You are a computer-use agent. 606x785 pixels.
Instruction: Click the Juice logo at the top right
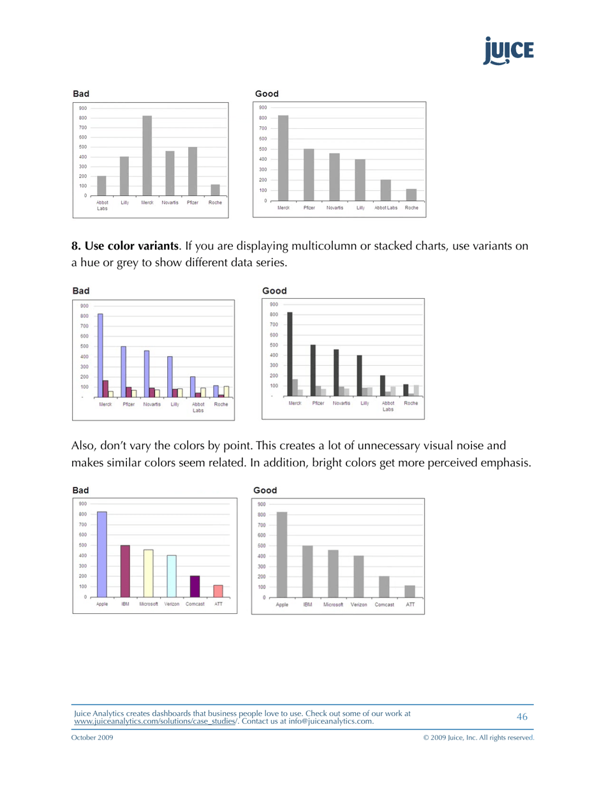pyautogui.click(x=508, y=51)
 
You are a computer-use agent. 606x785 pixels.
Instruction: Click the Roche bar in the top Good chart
pyautogui.click(x=411, y=195)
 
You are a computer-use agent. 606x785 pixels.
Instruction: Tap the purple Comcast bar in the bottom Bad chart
pyautogui.click(x=195, y=586)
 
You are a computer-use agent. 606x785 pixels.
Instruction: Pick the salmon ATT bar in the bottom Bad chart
pyautogui.click(x=218, y=591)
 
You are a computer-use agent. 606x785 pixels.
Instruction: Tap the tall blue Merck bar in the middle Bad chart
pyautogui.click(x=100, y=355)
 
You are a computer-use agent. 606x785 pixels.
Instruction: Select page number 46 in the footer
pyautogui.click(x=522, y=717)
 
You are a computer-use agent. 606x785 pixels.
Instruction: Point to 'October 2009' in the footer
pyautogui.click(x=92, y=737)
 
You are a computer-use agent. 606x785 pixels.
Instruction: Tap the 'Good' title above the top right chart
pyautogui.click(x=267, y=94)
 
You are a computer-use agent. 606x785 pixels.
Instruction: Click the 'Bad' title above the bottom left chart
pyautogui.click(x=80, y=490)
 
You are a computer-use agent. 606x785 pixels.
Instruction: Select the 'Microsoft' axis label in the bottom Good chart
pyautogui.click(x=334, y=604)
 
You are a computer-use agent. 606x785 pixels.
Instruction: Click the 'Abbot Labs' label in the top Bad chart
pyautogui.click(x=102, y=205)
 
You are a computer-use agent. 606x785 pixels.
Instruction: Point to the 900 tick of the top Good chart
pyautogui.click(x=263, y=107)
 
